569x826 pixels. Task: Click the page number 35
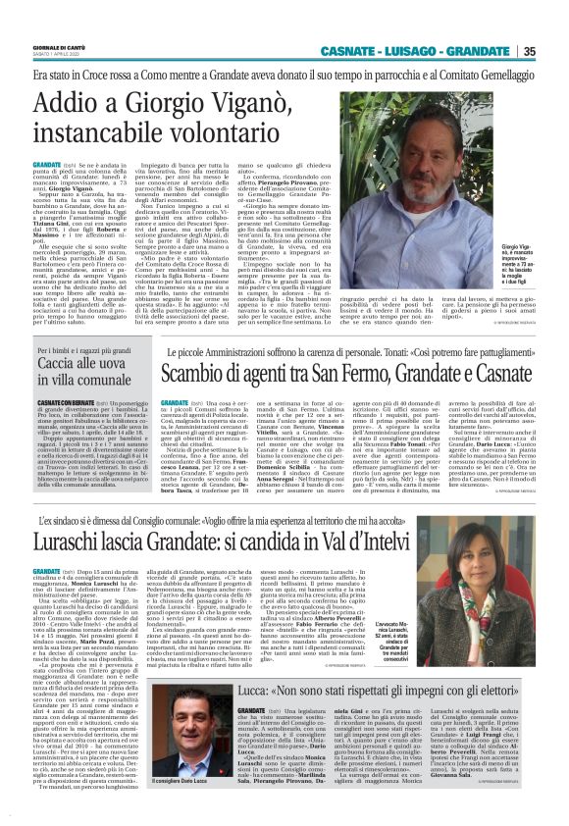point(555,51)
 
